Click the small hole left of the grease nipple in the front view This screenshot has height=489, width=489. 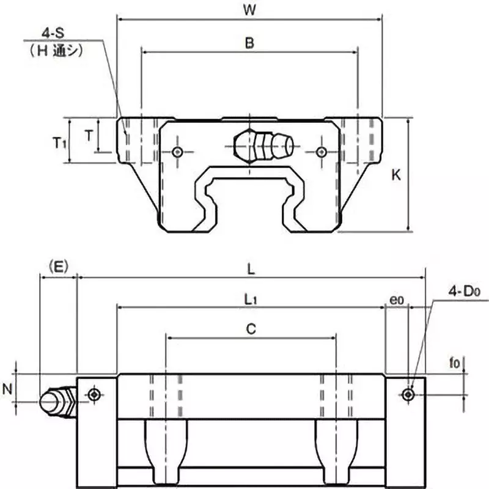click(178, 151)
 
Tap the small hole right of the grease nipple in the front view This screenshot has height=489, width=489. click(322, 151)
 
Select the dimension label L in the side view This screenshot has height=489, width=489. click(251, 267)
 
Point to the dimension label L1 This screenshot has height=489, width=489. click(249, 299)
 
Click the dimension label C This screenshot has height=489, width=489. click(251, 329)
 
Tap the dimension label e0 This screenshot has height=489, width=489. click(397, 300)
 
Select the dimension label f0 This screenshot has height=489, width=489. click(455, 363)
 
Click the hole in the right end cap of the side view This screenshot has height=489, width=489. click(408, 394)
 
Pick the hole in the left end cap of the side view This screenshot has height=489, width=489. click(94, 394)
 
